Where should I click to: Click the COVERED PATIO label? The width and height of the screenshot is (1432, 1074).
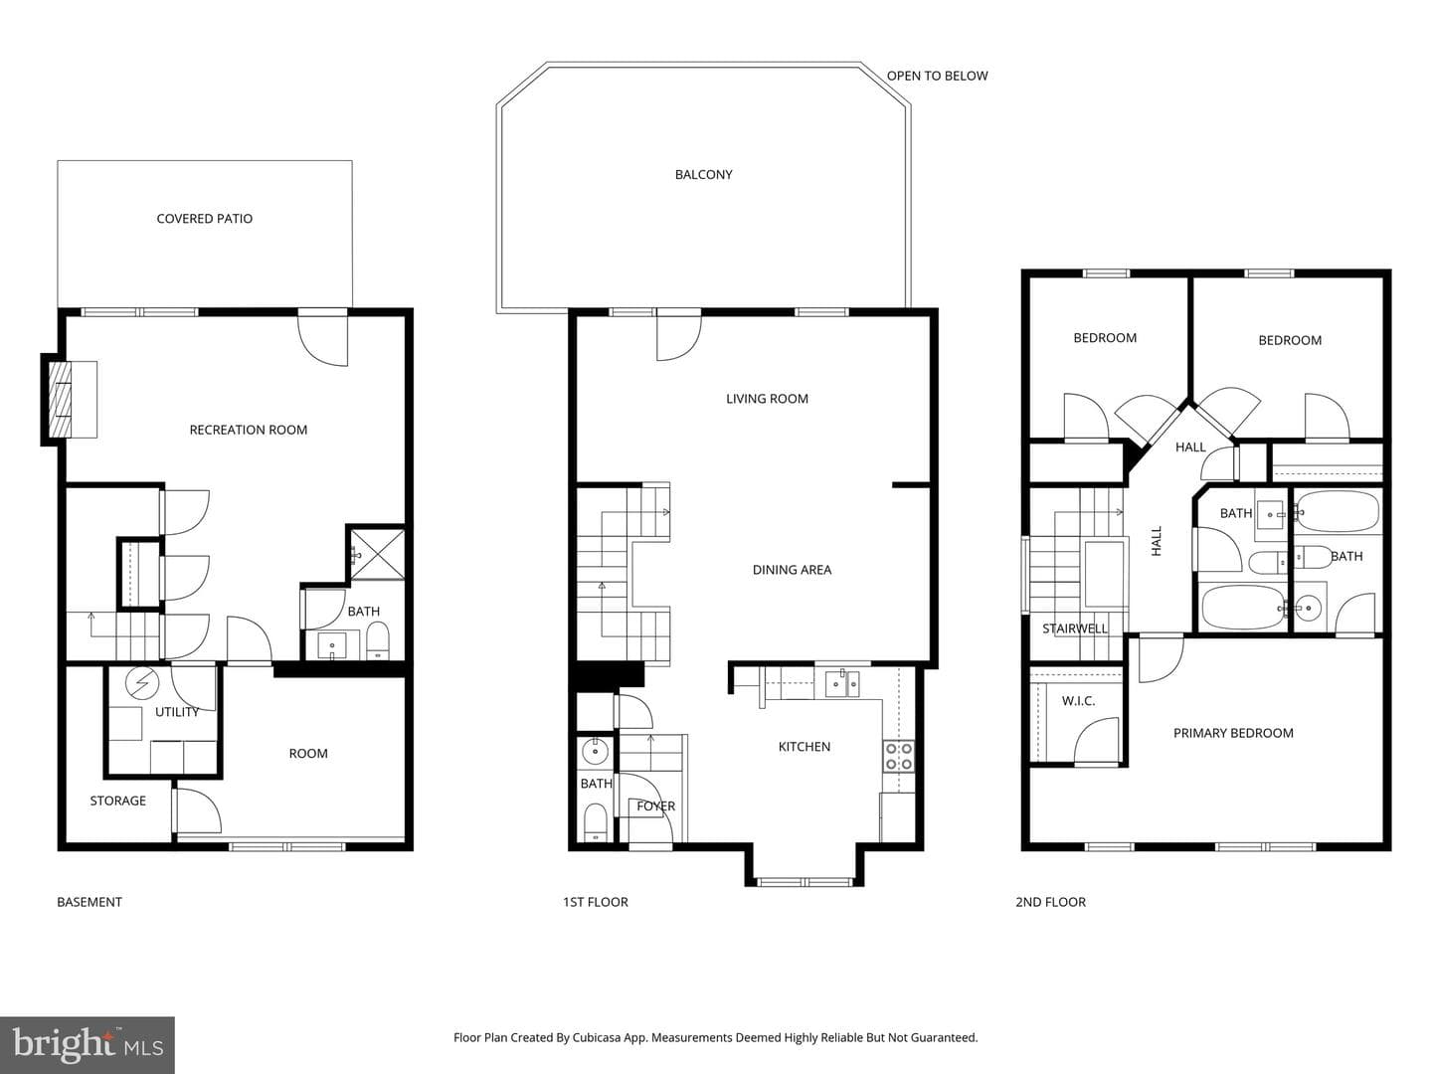(x=204, y=219)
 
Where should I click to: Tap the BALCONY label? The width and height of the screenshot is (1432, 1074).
(x=703, y=175)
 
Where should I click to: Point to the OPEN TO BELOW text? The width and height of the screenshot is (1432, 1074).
(x=937, y=76)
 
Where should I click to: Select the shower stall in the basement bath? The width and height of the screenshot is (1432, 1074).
(x=378, y=554)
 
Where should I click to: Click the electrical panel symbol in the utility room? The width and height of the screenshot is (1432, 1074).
(x=142, y=682)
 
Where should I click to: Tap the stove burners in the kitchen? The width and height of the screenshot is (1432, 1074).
(x=898, y=757)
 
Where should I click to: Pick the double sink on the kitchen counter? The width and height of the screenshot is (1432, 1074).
(x=842, y=683)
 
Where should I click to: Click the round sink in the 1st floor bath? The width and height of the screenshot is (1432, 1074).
(x=595, y=752)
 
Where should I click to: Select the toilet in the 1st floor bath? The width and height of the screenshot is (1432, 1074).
(x=595, y=822)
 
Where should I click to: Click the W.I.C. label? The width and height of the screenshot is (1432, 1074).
(x=1078, y=701)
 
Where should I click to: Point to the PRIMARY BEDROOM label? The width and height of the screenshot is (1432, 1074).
(x=1233, y=733)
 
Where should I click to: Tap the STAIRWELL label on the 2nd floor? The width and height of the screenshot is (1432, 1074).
(x=1074, y=628)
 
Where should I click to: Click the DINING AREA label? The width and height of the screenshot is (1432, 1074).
(x=792, y=570)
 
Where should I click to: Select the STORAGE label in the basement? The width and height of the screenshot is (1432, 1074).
(x=117, y=801)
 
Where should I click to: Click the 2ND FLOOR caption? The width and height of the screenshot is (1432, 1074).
(x=1050, y=902)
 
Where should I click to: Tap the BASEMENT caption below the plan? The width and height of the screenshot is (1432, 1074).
(x=89, y=902)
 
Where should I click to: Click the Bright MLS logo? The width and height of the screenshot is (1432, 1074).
(x=88, y=1044)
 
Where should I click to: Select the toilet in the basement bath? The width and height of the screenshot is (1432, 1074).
(x=378, y=639)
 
